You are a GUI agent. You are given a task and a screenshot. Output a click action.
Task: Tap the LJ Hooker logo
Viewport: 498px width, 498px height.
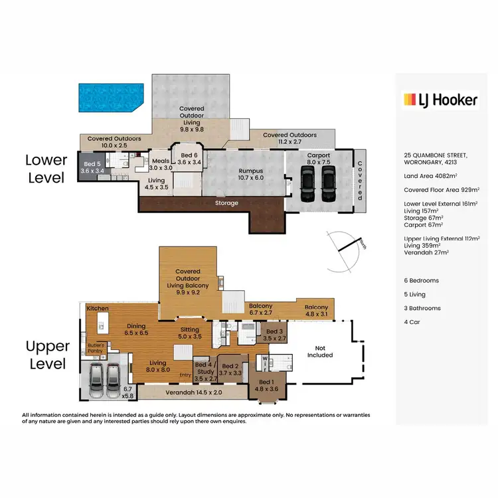[x=440, y=100]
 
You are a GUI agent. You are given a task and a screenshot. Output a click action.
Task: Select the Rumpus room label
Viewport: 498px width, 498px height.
[x=250, y=174]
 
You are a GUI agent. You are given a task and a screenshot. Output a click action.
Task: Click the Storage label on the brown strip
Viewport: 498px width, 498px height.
[x=227, y=203]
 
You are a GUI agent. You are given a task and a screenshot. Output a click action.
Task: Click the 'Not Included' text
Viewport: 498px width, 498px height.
[x=319, y=351]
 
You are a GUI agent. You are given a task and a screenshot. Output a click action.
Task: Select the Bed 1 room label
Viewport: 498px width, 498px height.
[x=266, y=386]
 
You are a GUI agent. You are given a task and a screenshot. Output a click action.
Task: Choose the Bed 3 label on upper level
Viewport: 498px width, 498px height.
[x=274, y=335]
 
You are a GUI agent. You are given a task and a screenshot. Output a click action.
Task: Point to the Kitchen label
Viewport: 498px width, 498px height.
[x=97, y=309]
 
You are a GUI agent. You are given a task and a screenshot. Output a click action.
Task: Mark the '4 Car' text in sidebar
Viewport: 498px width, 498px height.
[x=412, y=322]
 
